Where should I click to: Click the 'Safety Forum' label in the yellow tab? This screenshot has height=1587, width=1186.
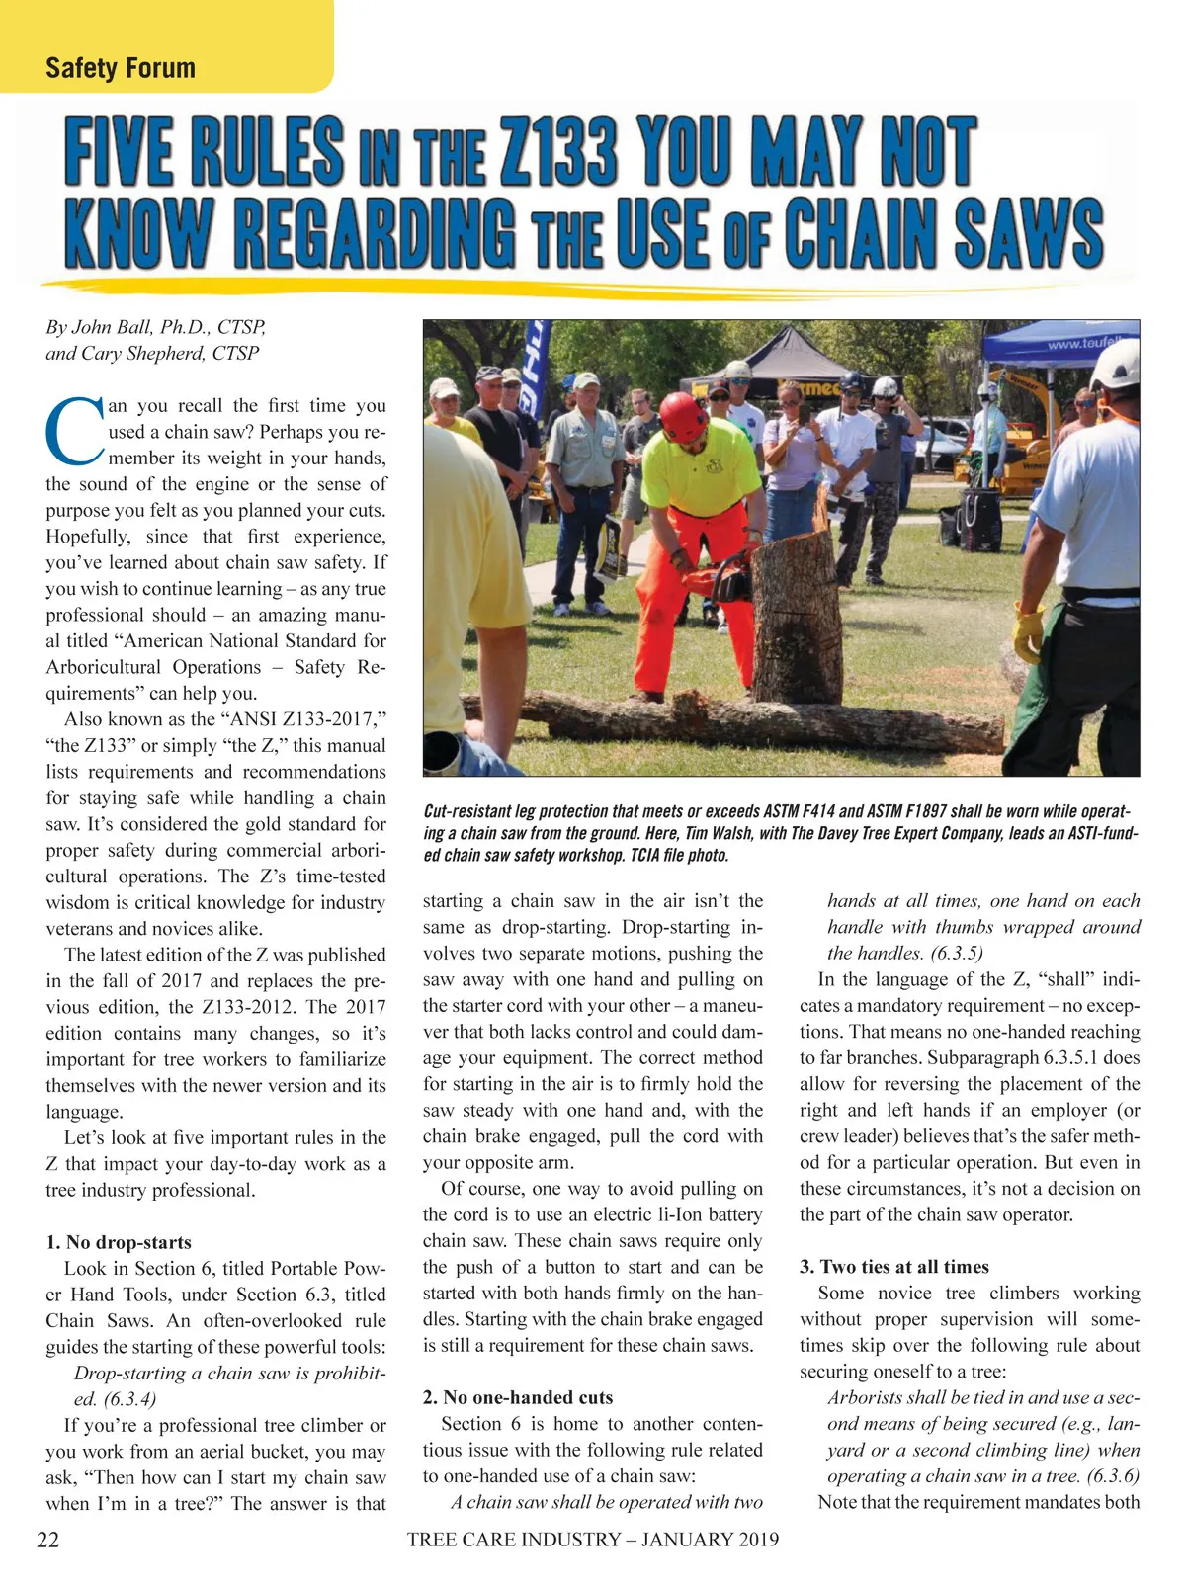click(x=121, y=68)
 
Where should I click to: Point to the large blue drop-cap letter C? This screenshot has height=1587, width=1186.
click(x=75, y=430)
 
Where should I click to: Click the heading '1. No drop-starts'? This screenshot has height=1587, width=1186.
click(x=119, y=1242)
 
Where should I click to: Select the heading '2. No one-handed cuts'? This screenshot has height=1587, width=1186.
click(x=518, y=1397)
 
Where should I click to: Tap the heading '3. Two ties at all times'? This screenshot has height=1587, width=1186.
click(x=894, y=1267)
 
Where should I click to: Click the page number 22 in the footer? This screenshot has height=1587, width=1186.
click(x=47, y=1540)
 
